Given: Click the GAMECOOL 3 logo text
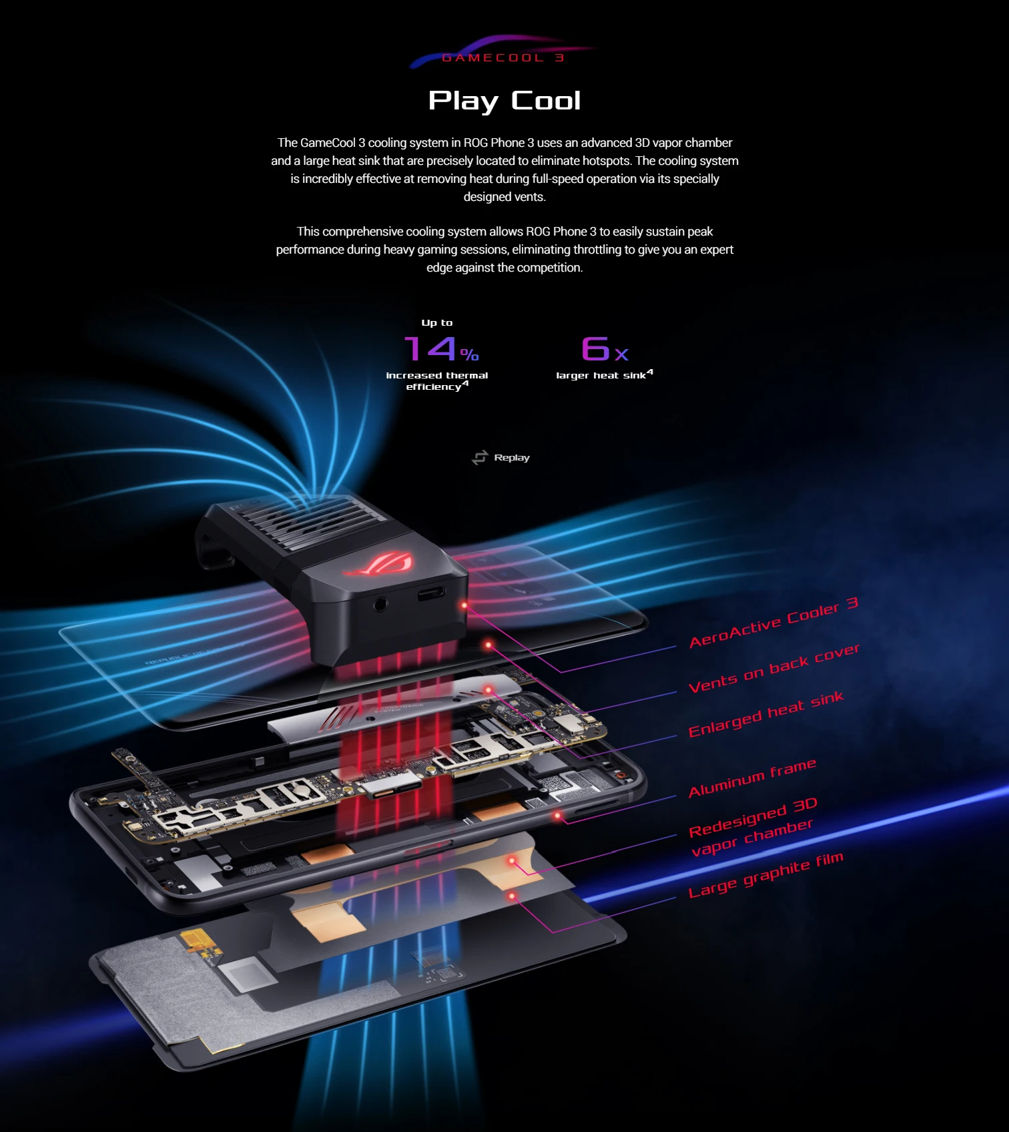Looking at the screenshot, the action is (x=503, y=58).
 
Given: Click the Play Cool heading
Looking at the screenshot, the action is (x=504, y=101).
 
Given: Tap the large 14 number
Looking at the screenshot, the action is (x=430, y=348).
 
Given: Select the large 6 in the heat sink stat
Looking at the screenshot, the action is (x=595, y=348).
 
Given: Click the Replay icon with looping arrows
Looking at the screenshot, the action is (x=480, y=458).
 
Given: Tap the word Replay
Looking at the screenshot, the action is (x=512, y=458).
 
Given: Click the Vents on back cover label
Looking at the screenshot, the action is (x=774, y=669).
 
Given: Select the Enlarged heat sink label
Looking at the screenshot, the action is (x=766, y=714).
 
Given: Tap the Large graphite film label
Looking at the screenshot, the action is (x=765, y=875).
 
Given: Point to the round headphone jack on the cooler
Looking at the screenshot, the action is (x=380, y=604).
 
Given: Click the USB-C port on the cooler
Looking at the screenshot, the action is (x=431, y=593).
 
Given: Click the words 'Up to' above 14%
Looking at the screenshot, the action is (x=437, y=323).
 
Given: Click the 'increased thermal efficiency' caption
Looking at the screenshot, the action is (x=437, y=381).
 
